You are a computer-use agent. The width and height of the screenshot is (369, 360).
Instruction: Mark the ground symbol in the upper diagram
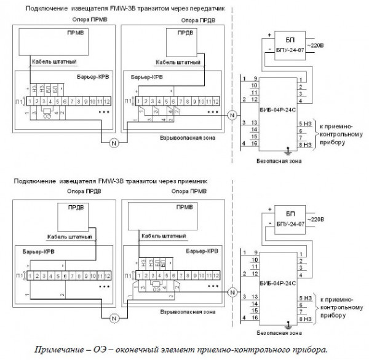point(287,150)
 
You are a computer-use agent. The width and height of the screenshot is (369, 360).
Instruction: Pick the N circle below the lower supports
point(112,318)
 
